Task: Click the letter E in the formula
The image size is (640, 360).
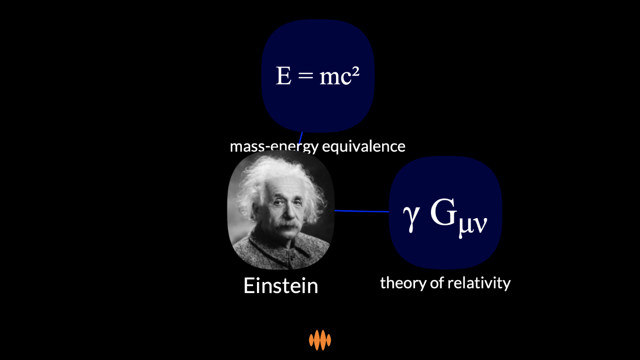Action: coord(284,76)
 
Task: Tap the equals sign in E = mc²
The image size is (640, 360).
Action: coord(305,76)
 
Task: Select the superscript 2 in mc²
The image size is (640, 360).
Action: coord(355,72)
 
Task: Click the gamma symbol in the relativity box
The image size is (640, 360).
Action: coord(411,219)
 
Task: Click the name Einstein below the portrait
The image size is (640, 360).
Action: coord(281,285)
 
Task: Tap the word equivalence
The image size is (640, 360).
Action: coord(364,146)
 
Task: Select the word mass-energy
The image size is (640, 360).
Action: coord(274,147)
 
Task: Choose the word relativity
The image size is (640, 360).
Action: coord(479,283)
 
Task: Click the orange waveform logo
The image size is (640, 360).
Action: coord(320,340)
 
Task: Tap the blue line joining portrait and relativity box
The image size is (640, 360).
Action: coord(362,211)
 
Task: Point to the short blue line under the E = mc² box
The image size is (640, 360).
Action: coord(300,138)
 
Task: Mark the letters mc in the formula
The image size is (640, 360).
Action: coord(336,78)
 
